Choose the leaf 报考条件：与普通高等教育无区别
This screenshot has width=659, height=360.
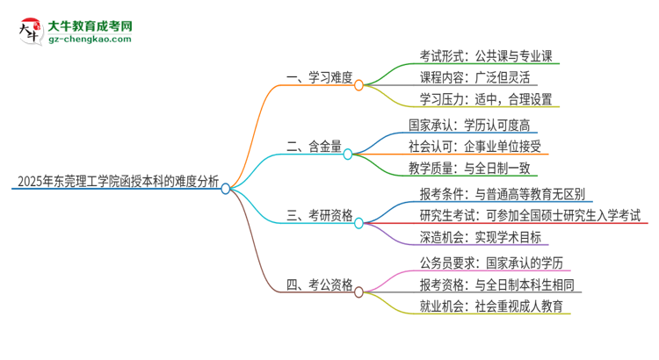point(503,192)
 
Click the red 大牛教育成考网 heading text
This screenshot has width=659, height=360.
point(91,24)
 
